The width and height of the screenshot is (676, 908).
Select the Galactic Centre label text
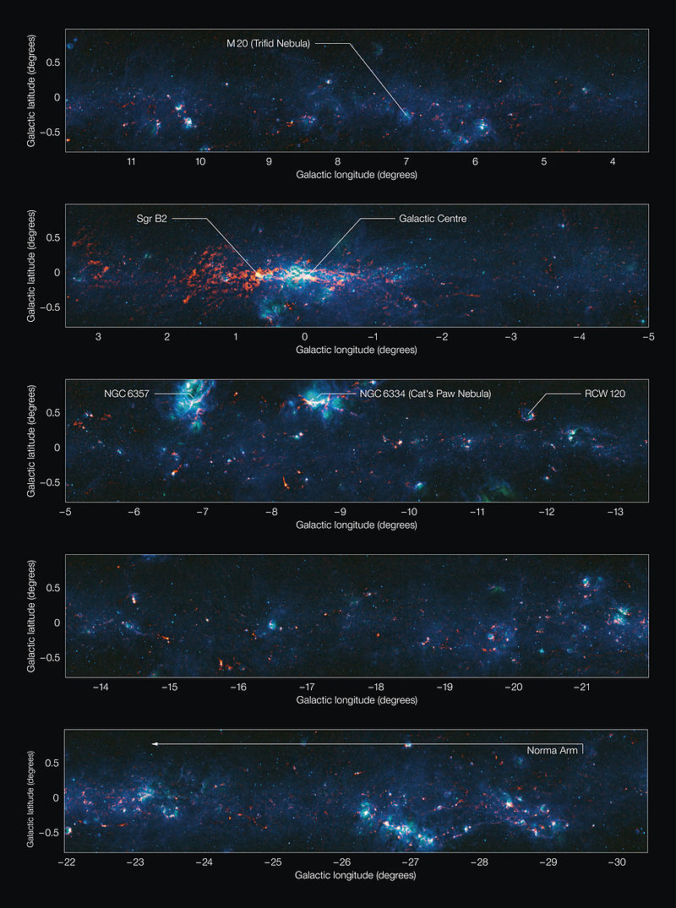[x=432, y=219]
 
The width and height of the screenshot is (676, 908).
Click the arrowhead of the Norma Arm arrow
[x=155, y=743]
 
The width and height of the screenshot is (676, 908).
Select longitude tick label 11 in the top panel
[x=131, y=162]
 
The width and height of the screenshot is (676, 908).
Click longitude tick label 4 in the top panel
[x=613, y=162]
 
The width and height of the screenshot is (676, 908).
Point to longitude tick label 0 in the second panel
[x=305, y=337]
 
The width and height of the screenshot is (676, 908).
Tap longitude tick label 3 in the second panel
[x=99, y=337]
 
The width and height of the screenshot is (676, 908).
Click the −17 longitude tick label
[x=307, y=688]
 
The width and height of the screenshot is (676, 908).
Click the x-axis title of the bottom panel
[x=356, y=876]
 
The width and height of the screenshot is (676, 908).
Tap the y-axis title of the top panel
[x=31, y=91]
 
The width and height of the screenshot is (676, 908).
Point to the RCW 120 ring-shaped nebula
[x=527, y=413]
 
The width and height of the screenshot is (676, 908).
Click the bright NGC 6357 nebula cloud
[x=193, y=404]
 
